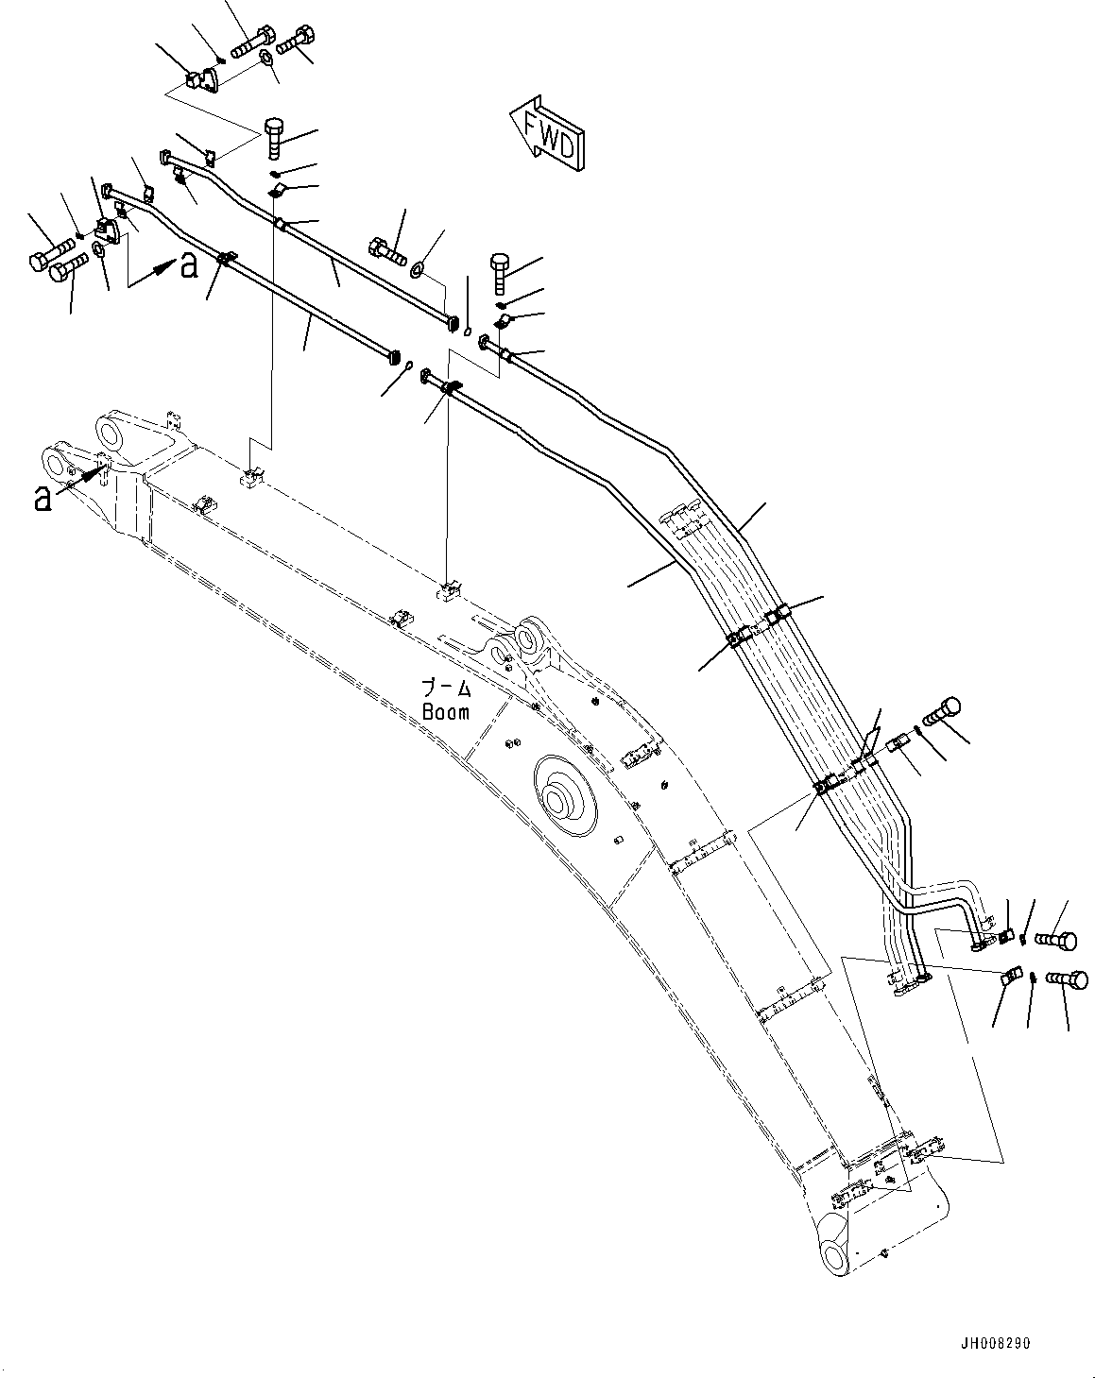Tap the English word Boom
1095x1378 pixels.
(x=445, y=712)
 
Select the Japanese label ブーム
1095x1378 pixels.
(x=445, y=689)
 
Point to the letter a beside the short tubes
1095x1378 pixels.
(x=189, y=267)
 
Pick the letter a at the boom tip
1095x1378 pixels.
(x=42, y=498)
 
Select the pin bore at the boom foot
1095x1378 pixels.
(x=836, y=1255)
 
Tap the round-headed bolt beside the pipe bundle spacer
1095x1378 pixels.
(x=942, y=711)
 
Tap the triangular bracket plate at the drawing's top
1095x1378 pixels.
(x=200, y=84)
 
